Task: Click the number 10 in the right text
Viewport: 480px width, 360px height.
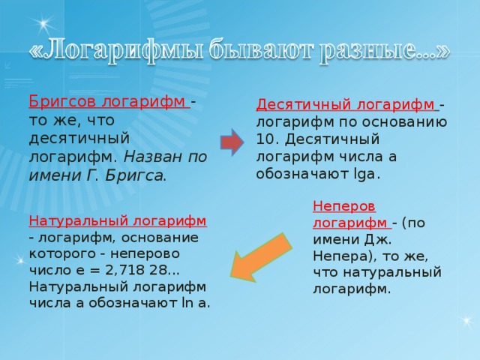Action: click(265, 139)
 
